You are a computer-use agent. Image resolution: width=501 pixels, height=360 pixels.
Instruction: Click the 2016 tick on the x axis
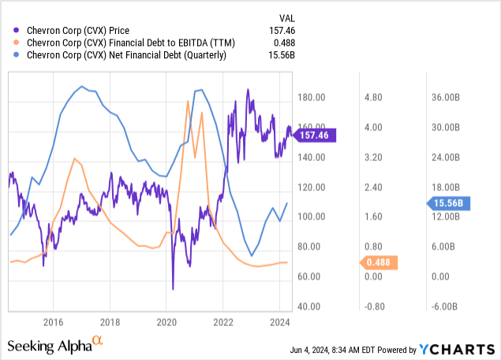pyautogui.click(x=53, y=322)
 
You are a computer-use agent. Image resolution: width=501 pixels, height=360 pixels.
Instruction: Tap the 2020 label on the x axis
pyautogui.click(x=166, y=322)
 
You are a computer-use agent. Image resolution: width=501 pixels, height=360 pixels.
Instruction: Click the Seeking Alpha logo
pyautogui.click(x=55, y=344)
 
